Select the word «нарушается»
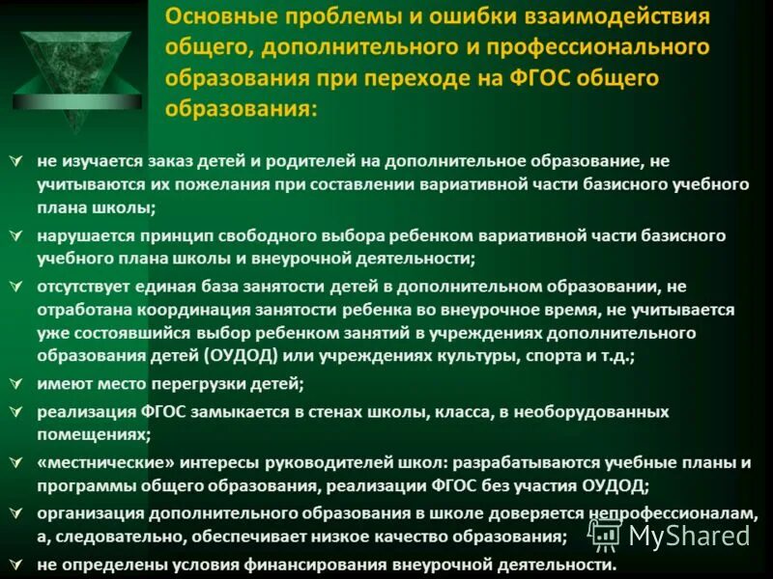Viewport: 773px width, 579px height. point(85,236)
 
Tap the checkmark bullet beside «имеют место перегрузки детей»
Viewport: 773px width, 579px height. point(14,384)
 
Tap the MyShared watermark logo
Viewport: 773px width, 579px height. point(671,534)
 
